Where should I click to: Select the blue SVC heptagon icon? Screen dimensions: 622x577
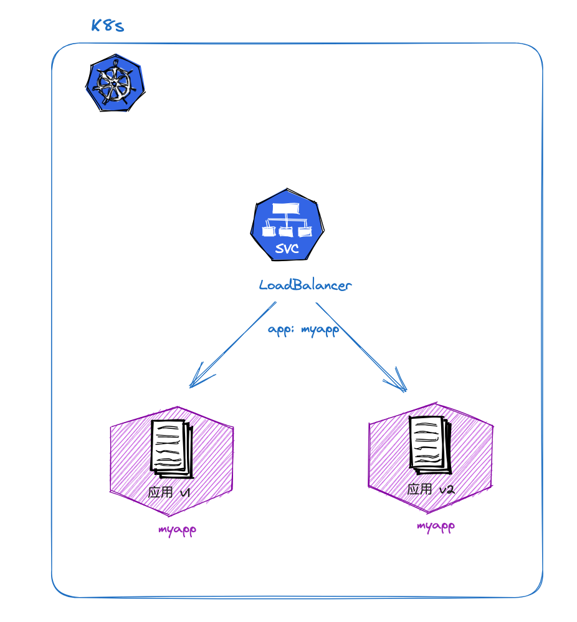[287, 228]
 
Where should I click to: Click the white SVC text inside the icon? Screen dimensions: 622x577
[287, 250]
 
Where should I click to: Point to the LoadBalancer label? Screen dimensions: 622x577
[305, 285]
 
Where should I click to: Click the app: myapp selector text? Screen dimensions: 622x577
[303, 330]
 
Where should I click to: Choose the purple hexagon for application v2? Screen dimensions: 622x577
[431, 458]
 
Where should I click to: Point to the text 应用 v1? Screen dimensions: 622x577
[169, 492]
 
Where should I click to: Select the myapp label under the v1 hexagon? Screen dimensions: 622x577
[178, 530]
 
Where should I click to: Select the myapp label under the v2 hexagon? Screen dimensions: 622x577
[436, 526]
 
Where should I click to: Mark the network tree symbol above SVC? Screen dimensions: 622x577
[287, 222]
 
